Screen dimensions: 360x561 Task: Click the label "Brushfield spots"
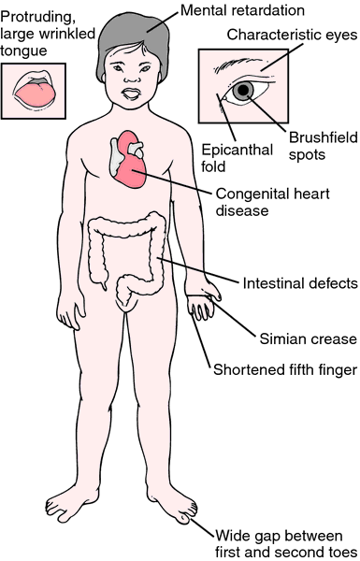324,146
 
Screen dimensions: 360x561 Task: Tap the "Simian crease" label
309,338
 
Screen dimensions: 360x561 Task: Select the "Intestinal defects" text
300,283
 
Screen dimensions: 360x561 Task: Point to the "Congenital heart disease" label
273,202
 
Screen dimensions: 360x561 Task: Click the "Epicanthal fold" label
238,158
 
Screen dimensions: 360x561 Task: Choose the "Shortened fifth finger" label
285,369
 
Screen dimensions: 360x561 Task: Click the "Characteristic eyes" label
292,35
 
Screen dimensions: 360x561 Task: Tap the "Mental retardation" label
242,10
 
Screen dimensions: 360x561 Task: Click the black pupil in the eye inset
244,90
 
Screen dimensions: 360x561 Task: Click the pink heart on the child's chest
129,159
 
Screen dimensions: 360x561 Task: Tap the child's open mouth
132,94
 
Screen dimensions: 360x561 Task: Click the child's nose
132,78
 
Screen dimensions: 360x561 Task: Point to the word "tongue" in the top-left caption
23,51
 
